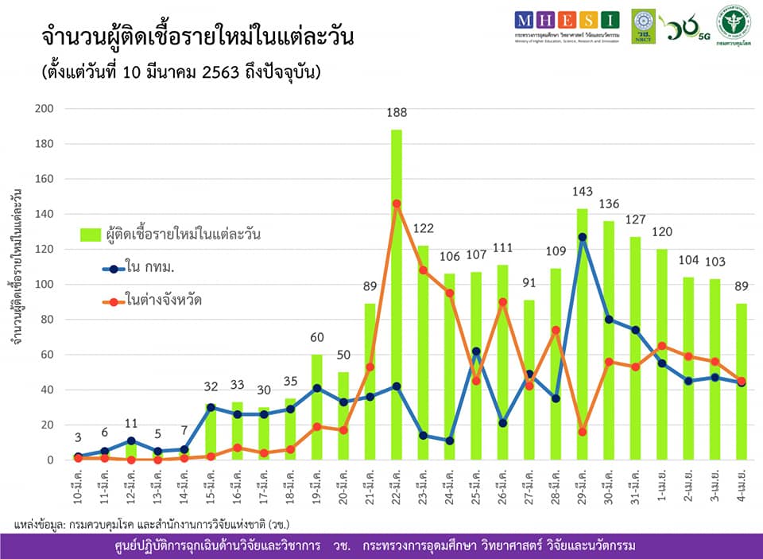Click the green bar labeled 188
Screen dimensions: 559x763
coord(397,294)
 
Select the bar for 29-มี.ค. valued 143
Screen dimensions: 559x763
coord(582,334)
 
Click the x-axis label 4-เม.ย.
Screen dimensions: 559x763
coord(741,487)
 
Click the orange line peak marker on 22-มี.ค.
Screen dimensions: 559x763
coord(397,204)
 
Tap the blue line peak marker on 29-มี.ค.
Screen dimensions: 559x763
coord(582,237)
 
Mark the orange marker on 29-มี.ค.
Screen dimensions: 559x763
coord(582,432)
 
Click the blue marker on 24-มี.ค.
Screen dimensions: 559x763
coord(449,441)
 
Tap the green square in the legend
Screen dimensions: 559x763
coord(91,235)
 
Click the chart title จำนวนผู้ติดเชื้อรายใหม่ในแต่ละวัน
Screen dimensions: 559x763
coord(197,38)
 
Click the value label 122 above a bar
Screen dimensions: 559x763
coord(423,229)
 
